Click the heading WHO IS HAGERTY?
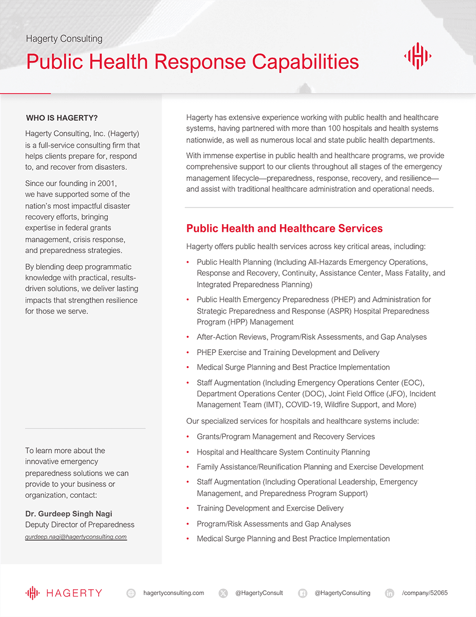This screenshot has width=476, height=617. coord(62,118)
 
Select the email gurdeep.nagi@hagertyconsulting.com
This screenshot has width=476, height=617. coord(76,537)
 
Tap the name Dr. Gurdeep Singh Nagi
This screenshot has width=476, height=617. coord(68,514)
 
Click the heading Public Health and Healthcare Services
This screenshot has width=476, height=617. coord(284,229)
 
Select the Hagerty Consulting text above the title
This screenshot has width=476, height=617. coord(64,39)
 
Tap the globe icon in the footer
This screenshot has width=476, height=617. coord(131,593)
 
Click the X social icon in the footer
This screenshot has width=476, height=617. coord(223,593)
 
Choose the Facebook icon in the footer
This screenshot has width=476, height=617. coord(302,593)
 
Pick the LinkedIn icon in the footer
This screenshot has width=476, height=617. coord(390,593)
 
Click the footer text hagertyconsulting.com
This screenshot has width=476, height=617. coord(174,593)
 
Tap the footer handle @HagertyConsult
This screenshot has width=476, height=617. coord(259,593)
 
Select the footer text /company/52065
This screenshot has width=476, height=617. coord(425,593)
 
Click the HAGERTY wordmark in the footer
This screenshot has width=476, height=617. coord(74,593)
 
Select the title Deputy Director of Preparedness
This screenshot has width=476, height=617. coord(80,525)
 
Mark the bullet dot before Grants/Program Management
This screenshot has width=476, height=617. coord(188,437)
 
